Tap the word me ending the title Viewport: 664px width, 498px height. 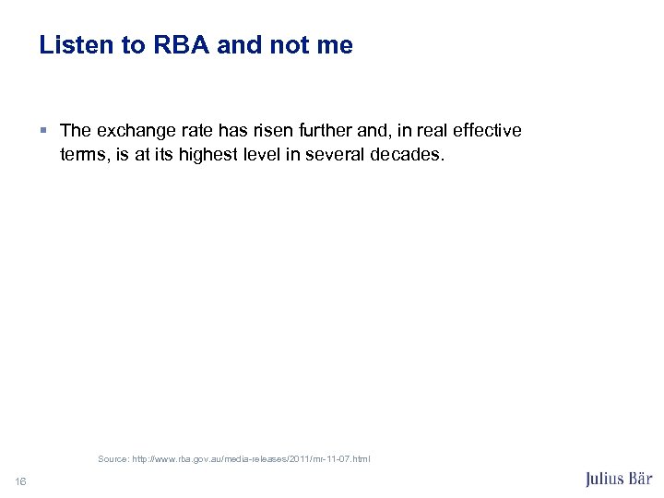pos(335,45)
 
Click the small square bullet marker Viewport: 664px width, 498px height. pos(46,131)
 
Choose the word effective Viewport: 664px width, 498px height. pos(487,131)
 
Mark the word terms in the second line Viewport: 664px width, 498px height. pos(84,154)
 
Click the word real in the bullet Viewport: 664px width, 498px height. pos(430,131)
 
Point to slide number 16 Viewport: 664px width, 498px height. pos(20,480)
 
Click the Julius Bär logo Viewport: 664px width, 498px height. pos(619,479)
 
